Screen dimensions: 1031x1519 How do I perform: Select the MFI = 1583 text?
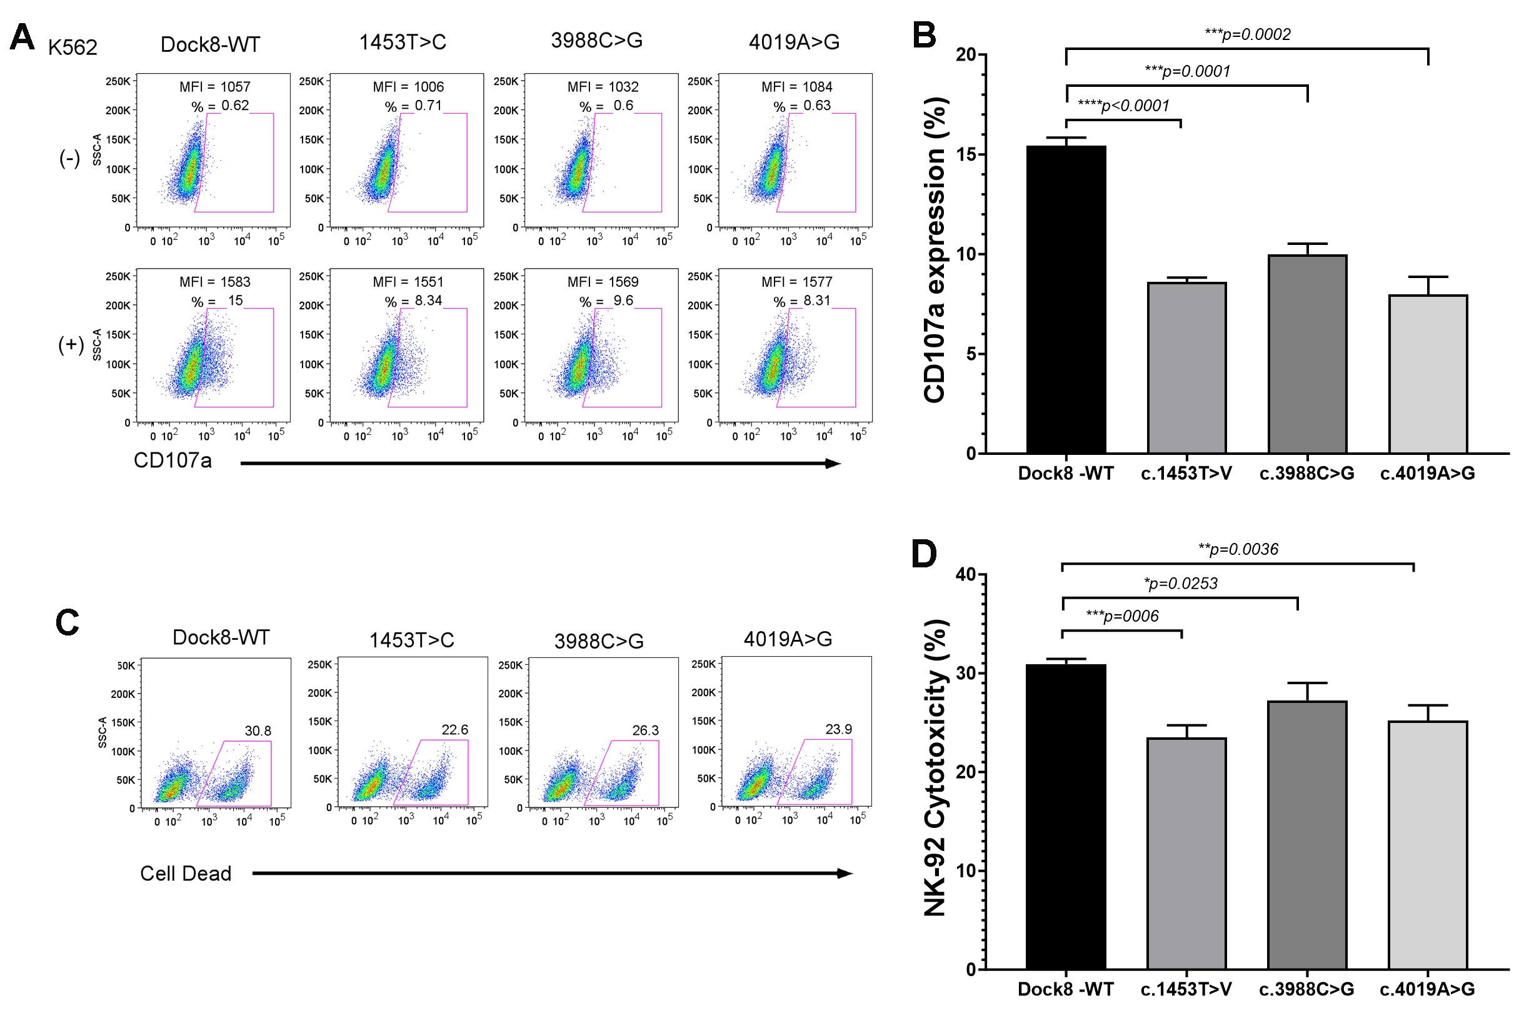point(215,282)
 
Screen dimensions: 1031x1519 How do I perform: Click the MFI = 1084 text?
point(797,87)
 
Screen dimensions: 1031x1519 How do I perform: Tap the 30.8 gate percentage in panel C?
point(258,730)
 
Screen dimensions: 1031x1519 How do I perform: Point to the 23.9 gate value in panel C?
point(839,729)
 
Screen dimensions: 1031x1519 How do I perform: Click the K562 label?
point(73,47)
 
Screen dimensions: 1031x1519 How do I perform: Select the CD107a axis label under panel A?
point(173,461)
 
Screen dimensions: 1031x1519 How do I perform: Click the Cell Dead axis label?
point(186,874)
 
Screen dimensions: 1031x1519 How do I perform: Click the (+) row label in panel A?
point(71,344)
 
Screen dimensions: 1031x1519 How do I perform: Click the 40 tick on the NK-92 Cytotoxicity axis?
point(965,574)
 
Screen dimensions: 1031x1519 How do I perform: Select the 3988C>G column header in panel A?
point(596,41)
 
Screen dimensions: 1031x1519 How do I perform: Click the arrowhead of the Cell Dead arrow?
point(846,874)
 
